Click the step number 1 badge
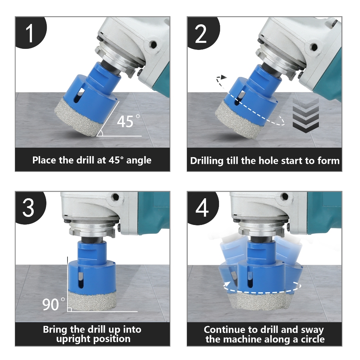pyautogui.click(x=30, y=32)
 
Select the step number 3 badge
pyautogui.click(x=30, y=207)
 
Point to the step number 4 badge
pyautogui.click(x=202, y=207)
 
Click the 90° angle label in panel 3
pyautogui.click(x=53, y=304)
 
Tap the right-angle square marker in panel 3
pyautogui.click(x=69, y=309)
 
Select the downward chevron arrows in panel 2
pyautogui.click(x=306, y=115)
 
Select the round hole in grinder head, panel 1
pyautogui.click(x=153, y=44)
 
